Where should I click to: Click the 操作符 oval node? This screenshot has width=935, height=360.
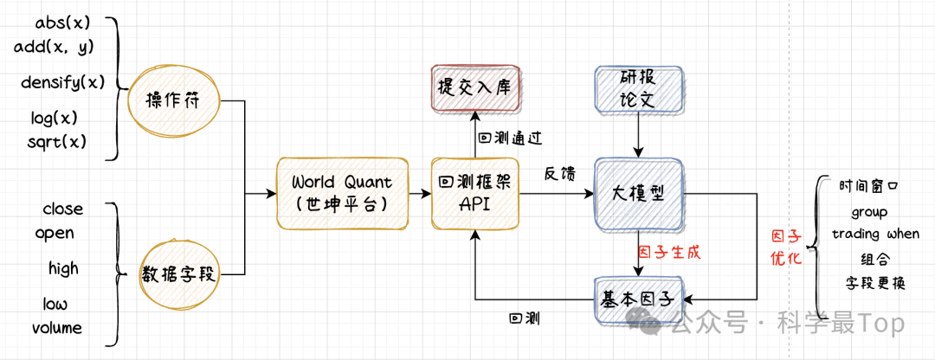(x=174, y=101)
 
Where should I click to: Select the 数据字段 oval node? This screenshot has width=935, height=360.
(x=180, y=274)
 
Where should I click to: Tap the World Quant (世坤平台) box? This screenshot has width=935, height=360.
(x=342, y=194)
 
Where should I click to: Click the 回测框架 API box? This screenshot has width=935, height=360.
(x=474, y=194)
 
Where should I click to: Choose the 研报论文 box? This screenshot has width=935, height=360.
(x=639, y=89)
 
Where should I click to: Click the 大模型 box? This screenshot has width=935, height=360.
(x=639, y=194)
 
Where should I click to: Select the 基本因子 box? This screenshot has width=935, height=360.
(x=639, y=299)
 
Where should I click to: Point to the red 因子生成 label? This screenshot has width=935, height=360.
(x=668, y=253)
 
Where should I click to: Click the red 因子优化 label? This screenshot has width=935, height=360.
(x=787, y=247)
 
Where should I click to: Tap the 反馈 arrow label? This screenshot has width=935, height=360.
(x=557, y=174)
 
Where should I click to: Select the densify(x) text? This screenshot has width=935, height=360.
(x=62, y=83)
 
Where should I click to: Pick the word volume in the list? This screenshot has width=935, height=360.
(x=57, y=328)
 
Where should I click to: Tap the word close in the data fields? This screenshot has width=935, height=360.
(x=63, y=209)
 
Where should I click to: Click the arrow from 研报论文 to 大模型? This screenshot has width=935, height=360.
(x=639, y=134)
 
